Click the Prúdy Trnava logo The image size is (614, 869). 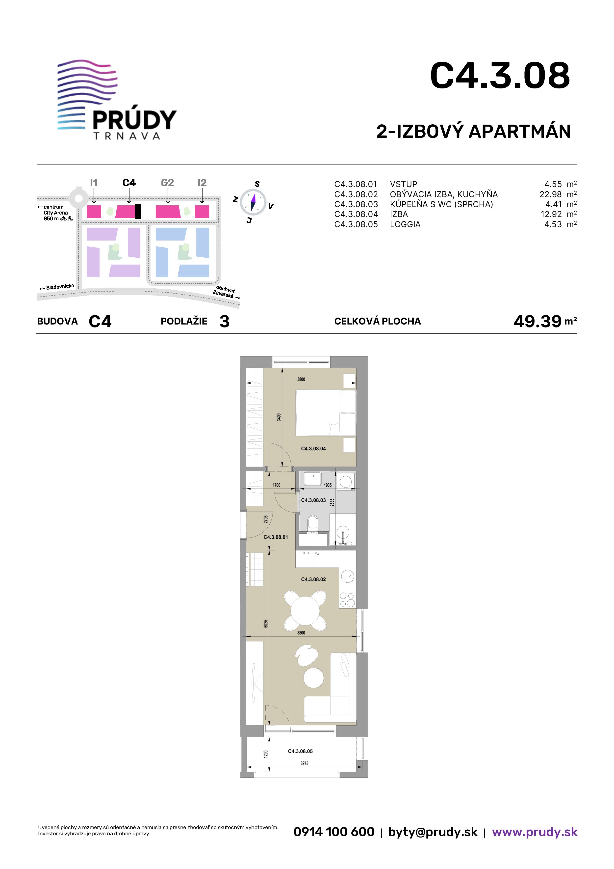(x=117, y=100)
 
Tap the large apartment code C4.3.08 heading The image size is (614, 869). (x=500, y=76)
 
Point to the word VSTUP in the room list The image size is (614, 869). (x=404, y=184)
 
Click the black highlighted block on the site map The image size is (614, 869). (x=138, y=211)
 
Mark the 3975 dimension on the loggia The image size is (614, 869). (x=305, y=763)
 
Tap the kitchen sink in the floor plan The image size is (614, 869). (x=348, y=577)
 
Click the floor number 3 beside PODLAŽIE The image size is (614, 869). (x=224, y=321)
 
